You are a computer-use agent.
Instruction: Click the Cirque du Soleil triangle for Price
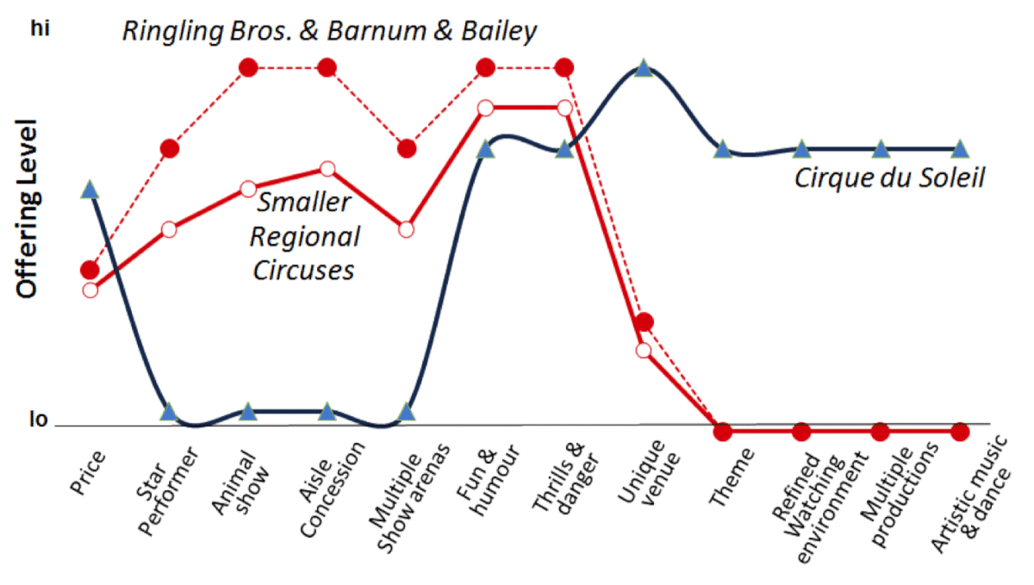(x=90, y=190)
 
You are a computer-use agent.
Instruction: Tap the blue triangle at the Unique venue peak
(x=643, y=68)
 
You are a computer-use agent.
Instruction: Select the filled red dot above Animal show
(x=248, y=67)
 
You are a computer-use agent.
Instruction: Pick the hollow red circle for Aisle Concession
(x=327, y=168)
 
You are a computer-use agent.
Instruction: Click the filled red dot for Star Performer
(x=170, y=148)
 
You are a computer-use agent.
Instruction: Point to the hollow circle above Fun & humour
(x=485, y=108)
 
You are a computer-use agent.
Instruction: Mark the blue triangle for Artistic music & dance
(x=960, y=149)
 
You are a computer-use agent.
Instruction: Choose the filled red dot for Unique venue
(x=644, y=322)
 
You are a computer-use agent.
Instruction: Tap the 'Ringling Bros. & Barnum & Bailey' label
(x=330, y=32)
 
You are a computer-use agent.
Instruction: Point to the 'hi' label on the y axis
(x=40, y=29)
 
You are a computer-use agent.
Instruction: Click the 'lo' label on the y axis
(x=39, y=421)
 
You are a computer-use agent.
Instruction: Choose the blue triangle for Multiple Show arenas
(x=407, y=412)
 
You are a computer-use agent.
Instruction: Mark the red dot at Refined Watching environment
(x=801, y=431)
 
